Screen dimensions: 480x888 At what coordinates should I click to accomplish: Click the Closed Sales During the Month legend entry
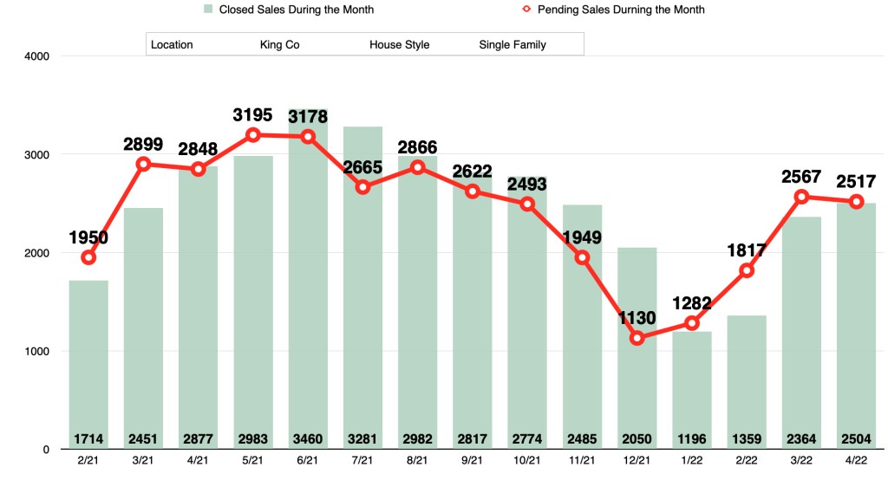(289, 10)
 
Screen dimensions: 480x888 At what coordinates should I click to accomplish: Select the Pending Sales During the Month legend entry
(619, 10)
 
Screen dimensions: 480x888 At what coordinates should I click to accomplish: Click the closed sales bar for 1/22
(692, 390)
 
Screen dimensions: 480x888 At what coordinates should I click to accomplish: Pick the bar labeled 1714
(88, 364)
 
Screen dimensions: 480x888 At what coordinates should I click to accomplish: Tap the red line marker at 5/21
(253, 135)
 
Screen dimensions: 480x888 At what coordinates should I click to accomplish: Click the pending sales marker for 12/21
(637, 338)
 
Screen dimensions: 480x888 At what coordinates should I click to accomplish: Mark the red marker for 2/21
(88, 257)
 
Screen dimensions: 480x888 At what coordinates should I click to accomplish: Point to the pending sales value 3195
(252, 114)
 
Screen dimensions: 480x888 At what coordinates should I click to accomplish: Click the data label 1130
(637, 318)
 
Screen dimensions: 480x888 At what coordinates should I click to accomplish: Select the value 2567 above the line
(801, 177)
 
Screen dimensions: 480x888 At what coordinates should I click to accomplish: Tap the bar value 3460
(308, 438)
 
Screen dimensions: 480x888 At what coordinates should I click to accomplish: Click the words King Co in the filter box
(279, 44)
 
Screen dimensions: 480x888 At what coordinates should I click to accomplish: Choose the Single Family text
(513, 44)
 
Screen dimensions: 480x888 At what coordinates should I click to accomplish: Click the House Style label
(399, 44)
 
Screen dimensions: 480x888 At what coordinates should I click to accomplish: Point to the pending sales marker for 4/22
(857, 202)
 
